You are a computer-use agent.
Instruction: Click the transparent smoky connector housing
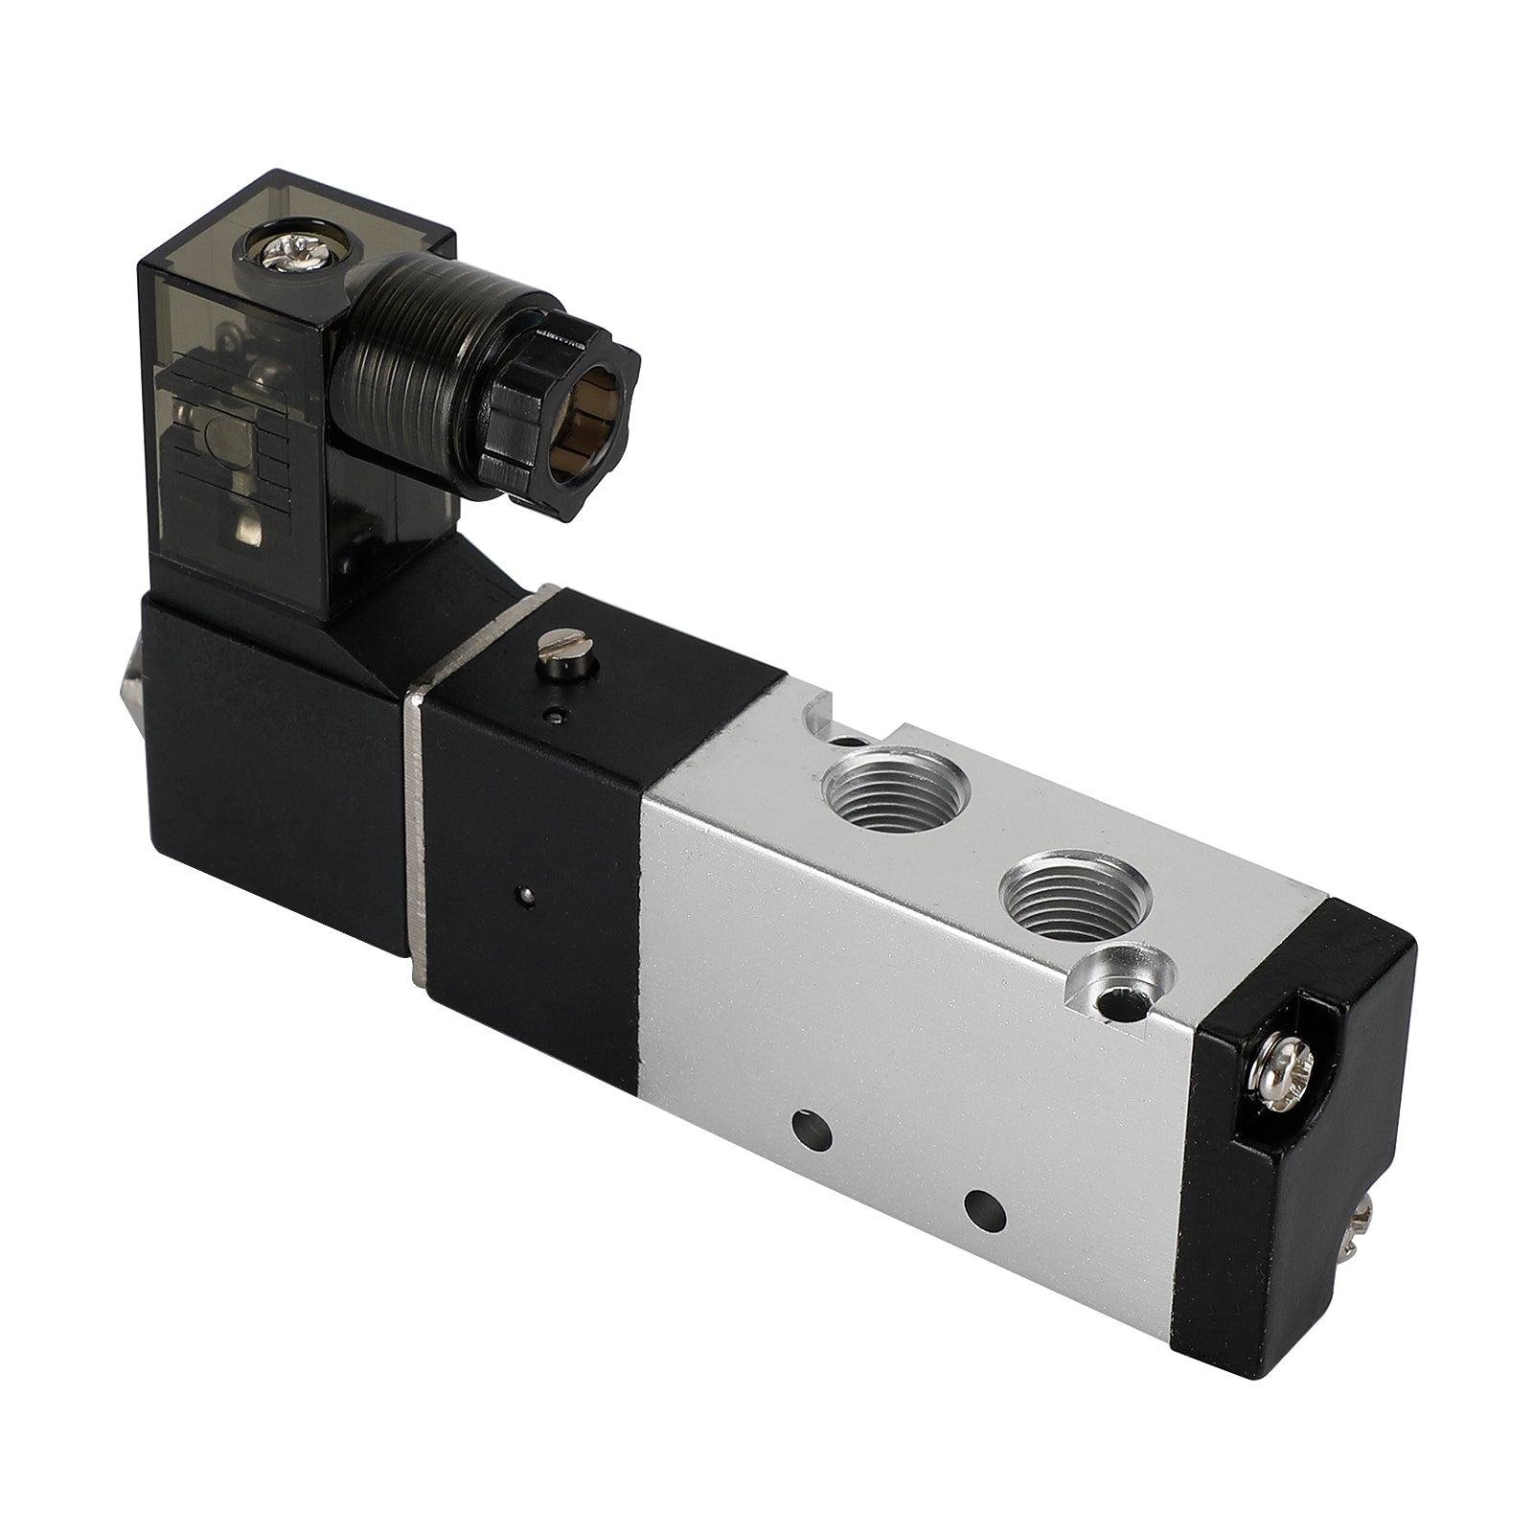(249, 402)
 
